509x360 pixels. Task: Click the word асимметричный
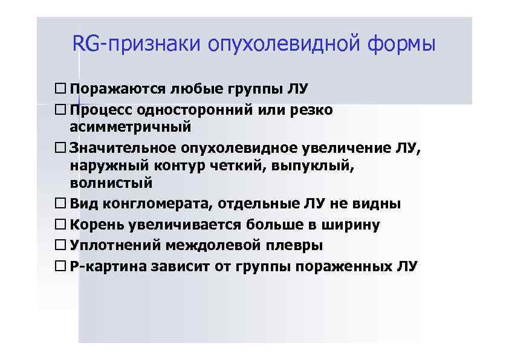coord(130,127)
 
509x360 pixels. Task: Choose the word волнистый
coord(111,182)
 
